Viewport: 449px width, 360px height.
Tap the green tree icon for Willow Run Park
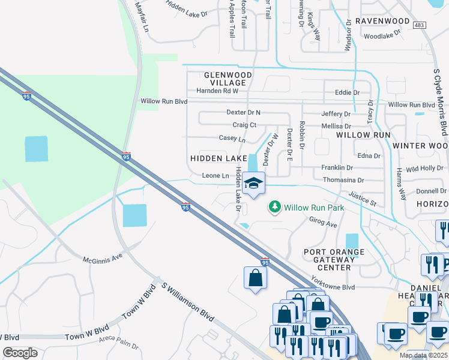(x=275, y=207)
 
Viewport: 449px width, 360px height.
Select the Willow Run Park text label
(x=314, y=208)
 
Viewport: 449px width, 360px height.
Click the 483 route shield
(x=420, y=25)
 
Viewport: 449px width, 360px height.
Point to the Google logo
(x=20, y=353)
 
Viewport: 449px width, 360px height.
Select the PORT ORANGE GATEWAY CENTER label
(x=327, y=259)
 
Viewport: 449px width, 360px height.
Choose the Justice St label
(x=362, y=199)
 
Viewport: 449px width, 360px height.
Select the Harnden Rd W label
(x=217, y=91)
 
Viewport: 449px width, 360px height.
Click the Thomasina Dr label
(x=343, y=180)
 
